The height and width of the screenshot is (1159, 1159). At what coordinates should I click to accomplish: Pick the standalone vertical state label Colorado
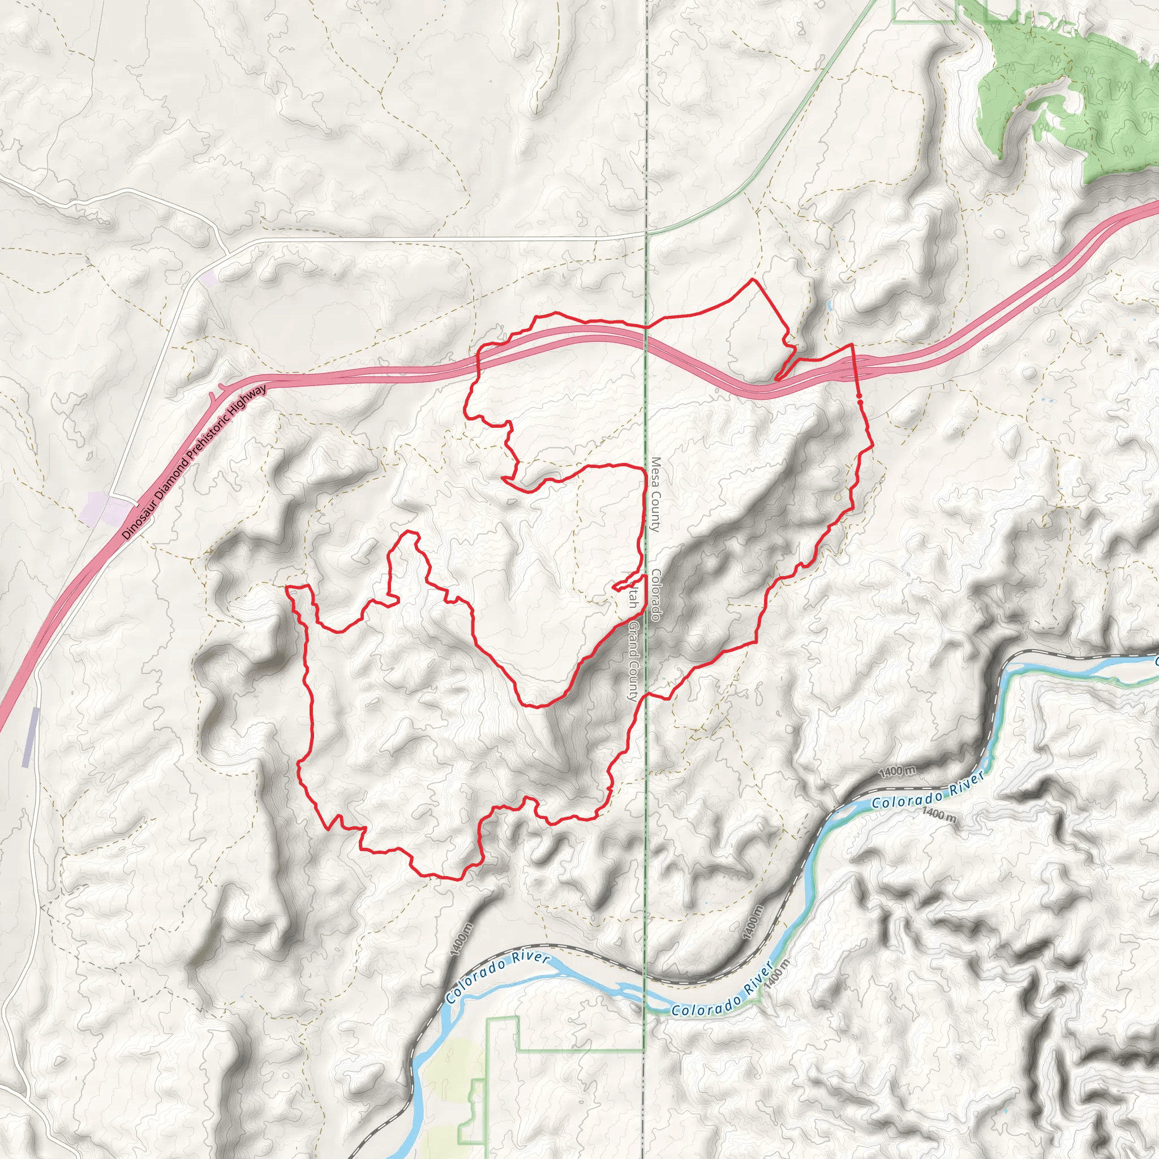pos(656,595)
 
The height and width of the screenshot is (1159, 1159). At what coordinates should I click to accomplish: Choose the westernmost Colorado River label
pos(498,978)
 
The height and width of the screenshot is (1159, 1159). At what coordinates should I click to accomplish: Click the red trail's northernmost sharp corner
pos(753,280)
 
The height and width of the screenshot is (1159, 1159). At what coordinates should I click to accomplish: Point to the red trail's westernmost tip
pos(287,588)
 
